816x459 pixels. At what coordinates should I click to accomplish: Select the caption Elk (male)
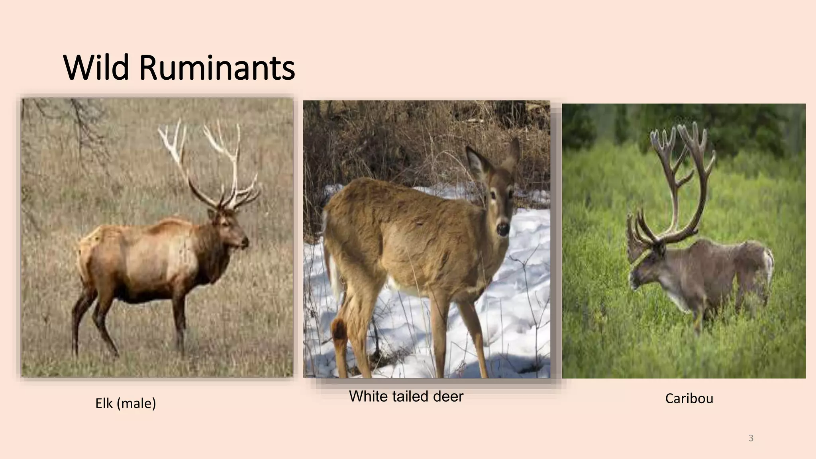(126, 403)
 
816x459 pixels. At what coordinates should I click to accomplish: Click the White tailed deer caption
(406, 396)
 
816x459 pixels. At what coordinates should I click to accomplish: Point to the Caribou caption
(689, 398)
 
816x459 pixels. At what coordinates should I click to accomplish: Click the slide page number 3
(751, 438)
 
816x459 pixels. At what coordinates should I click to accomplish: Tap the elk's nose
(245, 241)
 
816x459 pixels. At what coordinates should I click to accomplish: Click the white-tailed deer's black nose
(502, 228)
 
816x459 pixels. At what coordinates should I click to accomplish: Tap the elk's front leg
(179, 315)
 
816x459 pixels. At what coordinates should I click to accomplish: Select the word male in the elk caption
(136, 403)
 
